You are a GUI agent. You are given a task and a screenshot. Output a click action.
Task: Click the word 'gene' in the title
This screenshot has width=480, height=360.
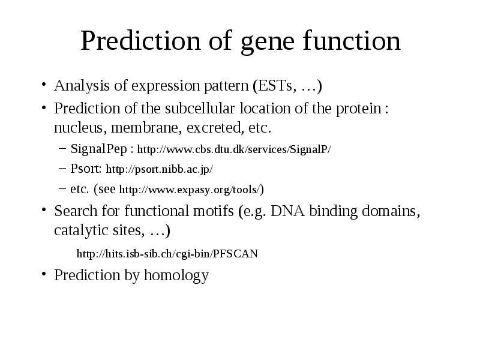tap(268, 43)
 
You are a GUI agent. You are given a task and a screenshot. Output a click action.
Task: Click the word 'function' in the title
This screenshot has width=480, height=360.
tap(352, 40)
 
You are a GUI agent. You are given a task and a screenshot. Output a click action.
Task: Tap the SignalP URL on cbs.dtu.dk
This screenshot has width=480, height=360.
tap(234, 149)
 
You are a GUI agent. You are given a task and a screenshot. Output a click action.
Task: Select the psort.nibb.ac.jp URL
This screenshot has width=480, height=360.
tap(159, 169)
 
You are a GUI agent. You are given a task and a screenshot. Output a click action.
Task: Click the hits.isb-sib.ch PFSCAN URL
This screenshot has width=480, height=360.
tap(167, 254)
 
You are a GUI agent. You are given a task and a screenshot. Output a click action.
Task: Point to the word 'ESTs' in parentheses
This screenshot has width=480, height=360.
tap(275, 86)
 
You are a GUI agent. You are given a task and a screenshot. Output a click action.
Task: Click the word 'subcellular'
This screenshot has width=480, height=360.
tap(200, 109)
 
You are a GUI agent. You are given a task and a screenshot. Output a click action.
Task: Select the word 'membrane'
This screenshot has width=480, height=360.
tap(144, 128)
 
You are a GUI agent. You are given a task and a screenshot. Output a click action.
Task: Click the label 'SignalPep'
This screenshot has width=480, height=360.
tap(98, 149)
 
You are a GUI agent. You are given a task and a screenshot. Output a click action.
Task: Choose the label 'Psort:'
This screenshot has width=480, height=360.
tap(86, 169)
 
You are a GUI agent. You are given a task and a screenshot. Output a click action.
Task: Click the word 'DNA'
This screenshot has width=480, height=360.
tap(288, 211)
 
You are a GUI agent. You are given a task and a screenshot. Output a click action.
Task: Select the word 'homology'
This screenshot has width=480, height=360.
tap(176, 275)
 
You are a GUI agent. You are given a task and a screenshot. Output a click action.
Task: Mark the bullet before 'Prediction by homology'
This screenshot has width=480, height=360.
tap(44, 273)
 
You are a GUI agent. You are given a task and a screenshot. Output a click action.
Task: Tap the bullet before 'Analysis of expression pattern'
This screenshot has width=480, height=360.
tap(44, 83)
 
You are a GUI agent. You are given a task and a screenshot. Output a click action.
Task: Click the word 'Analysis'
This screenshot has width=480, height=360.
tap(82, 86)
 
